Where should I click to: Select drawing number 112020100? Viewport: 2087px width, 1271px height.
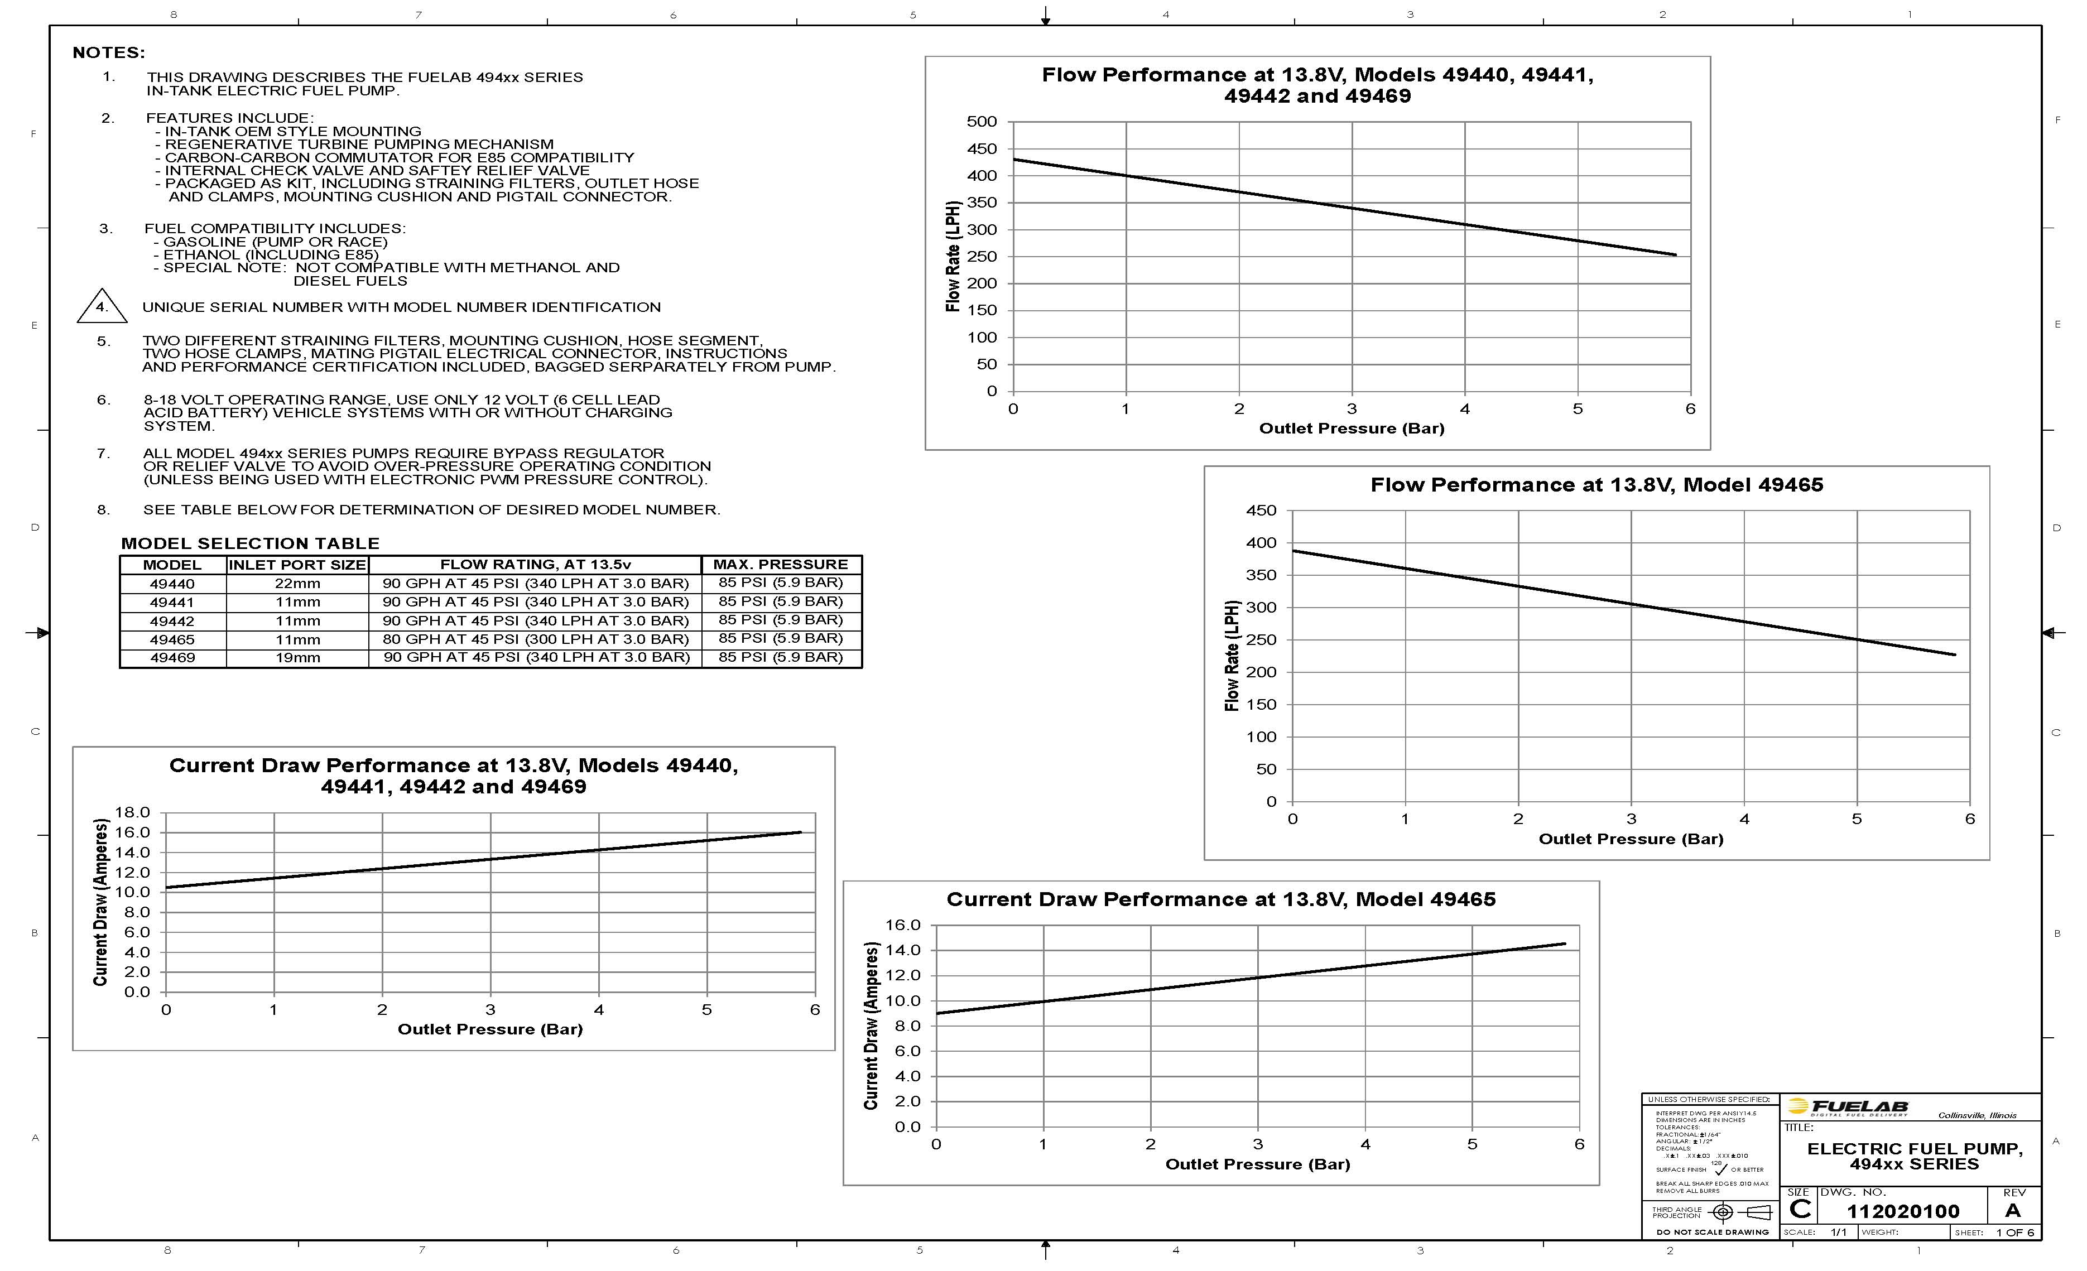click(x=1902, y=1211)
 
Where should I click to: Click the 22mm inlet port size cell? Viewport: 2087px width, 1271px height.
click(x=297, y=584)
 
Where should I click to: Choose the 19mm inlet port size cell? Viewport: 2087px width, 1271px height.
click(x=297, y=658)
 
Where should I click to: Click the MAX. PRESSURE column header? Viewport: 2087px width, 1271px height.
click(x=780, y=564)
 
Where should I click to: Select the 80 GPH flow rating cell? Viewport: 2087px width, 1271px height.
click(x=535, y=639)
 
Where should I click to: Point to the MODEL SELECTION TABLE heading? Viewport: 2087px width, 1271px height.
click(x=250, y=543)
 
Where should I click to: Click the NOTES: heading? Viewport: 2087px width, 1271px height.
click(x=108, y=52)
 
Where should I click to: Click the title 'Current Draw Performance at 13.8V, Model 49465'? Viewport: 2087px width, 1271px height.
click(x=1220, y=899)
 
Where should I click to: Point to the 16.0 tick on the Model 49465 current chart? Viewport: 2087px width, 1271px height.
click(x=902, y=925)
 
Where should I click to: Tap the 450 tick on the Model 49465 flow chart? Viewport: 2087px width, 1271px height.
click(x=1261, y=511)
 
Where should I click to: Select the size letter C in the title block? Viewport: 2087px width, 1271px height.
click(x=1800, y=1210)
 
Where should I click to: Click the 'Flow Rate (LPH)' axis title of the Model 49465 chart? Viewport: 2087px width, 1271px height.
click(x=1232, y=656)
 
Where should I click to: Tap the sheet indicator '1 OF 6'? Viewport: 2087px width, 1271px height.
click(x=2014, y=1232)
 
